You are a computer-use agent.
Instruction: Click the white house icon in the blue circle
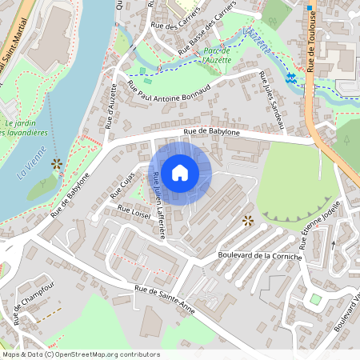[180, 173]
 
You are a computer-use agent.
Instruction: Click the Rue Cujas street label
[122, 185]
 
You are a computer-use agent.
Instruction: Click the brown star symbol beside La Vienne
[57, 164]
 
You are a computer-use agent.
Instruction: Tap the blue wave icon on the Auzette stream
[290, 78]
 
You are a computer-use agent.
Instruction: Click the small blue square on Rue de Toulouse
[309, 8]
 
